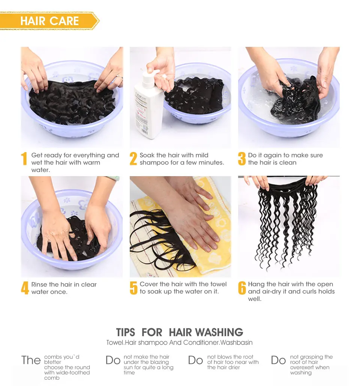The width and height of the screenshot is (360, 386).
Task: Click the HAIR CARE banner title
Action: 49,21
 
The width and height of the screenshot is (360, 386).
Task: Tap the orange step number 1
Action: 24,159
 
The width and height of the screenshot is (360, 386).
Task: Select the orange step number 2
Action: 133,159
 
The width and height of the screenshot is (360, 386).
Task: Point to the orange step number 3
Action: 242,159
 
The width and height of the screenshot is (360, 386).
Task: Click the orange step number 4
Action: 25,288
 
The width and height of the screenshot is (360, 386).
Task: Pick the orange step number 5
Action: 133,288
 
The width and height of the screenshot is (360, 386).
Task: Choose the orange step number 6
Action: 242,288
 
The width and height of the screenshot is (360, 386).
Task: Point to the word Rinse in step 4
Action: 39,284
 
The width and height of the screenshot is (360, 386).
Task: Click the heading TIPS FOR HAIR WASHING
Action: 179,332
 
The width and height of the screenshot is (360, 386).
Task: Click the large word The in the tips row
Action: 31,360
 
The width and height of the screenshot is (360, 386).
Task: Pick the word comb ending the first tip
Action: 52,378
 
